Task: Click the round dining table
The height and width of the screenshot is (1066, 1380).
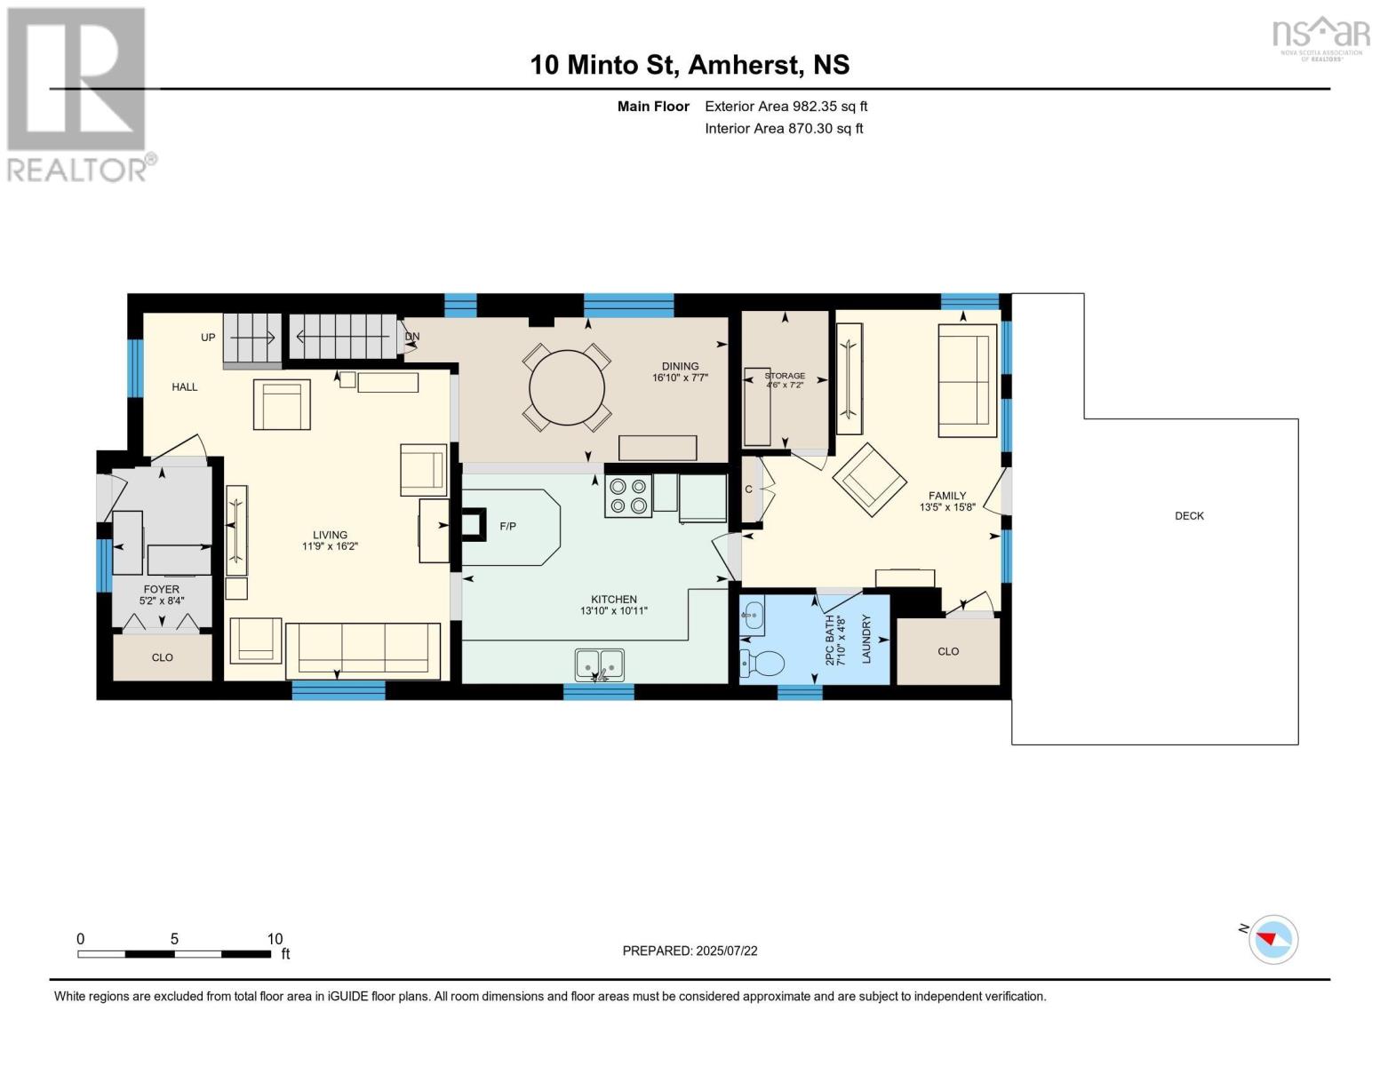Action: click(x=566, y=387)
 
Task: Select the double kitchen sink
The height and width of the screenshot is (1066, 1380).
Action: click(x=600, y=664)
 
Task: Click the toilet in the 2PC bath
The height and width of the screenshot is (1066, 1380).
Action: click(x=762, y=664)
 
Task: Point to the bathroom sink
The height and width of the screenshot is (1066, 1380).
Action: click(x=752, y=616)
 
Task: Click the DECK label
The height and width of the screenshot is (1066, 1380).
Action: click(x=1189, y=516)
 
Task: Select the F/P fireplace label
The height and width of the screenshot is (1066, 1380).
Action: click(x=507, y=526)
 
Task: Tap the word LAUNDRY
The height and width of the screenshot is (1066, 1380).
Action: click(x=866, y=639)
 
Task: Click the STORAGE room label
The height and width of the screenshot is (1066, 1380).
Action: click(x=785, y=376)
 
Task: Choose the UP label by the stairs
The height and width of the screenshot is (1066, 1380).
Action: click(x=208, y=338)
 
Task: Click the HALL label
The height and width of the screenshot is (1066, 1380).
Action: click(x=185, y=387)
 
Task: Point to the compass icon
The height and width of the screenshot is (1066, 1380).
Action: click(x=1272, y=940)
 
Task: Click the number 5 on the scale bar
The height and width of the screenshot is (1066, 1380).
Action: click(x=175, y=939)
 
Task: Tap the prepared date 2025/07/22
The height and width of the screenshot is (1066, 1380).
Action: click(x=727, y=951)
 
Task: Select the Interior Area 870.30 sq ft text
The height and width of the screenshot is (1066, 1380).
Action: click(x=784, y=128)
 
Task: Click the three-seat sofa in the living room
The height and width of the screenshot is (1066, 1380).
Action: click(x=363, y=651)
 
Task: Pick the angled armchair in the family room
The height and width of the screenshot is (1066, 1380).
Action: click(x=869, y=480)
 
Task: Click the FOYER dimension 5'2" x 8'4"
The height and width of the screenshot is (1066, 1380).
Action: click(x=162, y=601)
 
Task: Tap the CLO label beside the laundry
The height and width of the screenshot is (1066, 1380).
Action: click(x=948, y=651)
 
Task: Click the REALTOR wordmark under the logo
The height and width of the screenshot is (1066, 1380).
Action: click(x=76, y=171)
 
